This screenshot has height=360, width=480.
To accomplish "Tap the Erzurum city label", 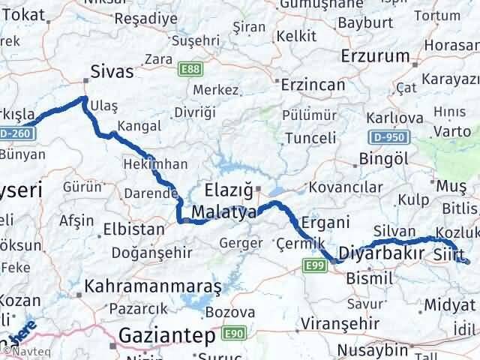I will [375, 56].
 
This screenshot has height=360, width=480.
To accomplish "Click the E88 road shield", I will [190, 69].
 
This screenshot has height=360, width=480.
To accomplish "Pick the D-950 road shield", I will [388, 137].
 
